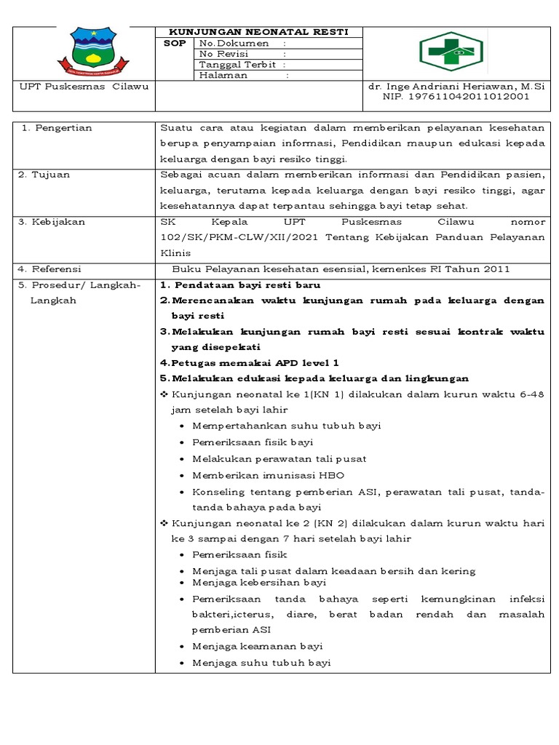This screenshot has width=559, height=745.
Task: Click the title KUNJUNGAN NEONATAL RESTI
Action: point(259,32)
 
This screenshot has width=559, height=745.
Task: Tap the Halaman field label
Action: point(223,74)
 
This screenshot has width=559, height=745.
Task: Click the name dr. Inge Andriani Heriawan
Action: point(445,86)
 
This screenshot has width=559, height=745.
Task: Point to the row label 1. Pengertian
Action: point(56,127)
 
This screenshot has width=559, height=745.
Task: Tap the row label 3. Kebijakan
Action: point(52,222)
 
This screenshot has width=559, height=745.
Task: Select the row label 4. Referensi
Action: point(50,268)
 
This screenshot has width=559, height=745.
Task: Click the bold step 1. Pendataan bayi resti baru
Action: point(239,284)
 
